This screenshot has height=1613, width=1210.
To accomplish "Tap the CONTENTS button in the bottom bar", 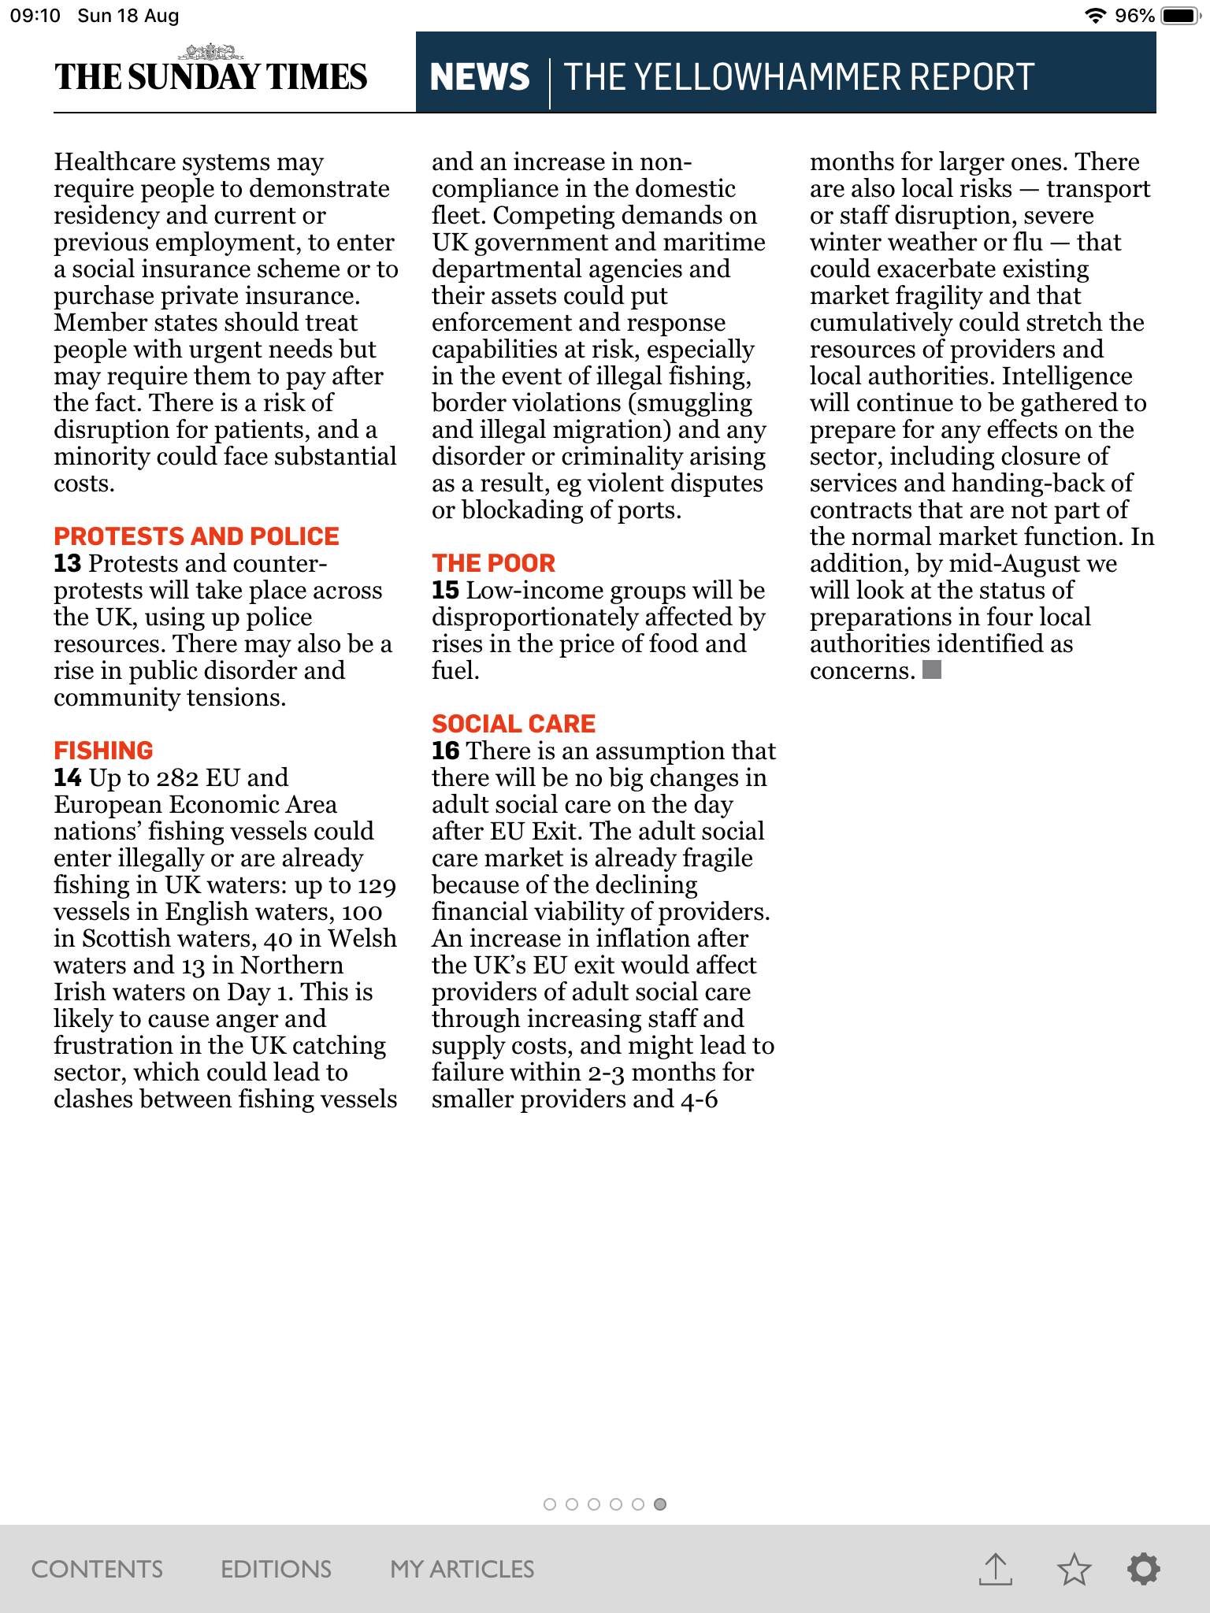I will pos(97,1569).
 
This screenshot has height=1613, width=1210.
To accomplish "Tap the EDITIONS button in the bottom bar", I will pos(276,1569).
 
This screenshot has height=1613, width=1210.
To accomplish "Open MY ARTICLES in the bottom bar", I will pos(462,1569).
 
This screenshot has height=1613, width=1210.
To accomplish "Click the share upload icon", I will pos(996,1569).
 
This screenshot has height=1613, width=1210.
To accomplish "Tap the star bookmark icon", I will pos(1074,1569).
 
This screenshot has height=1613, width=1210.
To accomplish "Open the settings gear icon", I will pos(1144,1568).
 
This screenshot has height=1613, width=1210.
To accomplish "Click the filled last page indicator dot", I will pos(660,1504).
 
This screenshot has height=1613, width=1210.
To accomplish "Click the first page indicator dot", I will pos(550,1504).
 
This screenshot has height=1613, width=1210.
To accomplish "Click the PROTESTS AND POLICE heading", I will pos(196,536).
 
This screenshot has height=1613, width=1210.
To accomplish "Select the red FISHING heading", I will pos(103,751).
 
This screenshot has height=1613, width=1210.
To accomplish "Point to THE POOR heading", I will pos(493,563).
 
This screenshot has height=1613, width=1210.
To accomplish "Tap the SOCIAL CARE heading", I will pos(514,724).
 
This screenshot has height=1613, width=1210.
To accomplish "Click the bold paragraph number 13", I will pos(67,564).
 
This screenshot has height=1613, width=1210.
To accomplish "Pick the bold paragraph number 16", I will pos(445,751).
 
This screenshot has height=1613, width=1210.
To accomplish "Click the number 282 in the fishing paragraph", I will pos(177,778).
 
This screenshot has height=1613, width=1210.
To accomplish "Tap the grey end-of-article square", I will pos(932,669).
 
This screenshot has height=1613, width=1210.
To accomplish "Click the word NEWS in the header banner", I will pos(480,77).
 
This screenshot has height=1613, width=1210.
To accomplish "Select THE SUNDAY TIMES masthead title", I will pos(210,77).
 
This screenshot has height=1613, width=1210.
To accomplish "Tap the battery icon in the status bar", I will pos(1180,16).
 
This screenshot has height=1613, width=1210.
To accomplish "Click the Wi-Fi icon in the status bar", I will pos(1094,16).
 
